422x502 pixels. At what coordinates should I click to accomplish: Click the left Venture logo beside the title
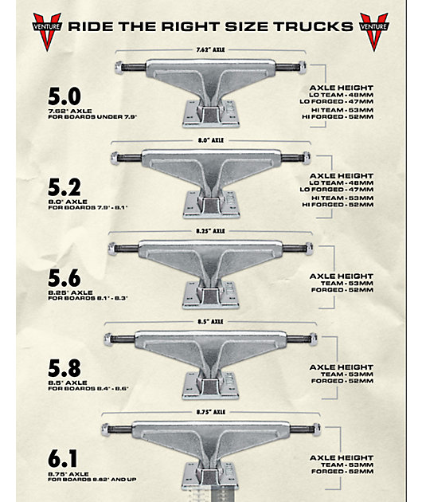(x=47, y=31)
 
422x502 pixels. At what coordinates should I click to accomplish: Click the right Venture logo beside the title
(x=373, y=31)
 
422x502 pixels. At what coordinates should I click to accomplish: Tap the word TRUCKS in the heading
(x=313, y=26)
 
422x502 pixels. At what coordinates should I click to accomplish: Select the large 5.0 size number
(x=64, y=96)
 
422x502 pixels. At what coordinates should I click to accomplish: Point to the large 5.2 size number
(x=64, y=187)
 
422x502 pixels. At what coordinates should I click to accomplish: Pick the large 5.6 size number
(x=64, y=278)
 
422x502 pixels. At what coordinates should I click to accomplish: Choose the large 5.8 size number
(x=64, y=368)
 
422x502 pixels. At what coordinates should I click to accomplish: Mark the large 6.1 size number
(x=63, y=459)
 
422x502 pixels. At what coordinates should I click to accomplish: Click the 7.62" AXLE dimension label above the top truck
(x=210, y=50)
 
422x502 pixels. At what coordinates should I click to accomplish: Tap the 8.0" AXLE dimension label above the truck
(x=210, y=140)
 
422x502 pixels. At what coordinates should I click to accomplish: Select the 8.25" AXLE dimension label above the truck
(x=210, y=231)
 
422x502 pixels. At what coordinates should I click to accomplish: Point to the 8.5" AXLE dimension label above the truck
(x=210, y=321)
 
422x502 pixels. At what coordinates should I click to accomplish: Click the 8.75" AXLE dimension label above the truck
(x=210, y=412)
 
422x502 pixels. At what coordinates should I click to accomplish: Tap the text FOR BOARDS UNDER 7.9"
(x=92, y=117)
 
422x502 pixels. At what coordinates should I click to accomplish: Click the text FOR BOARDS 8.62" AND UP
(x=92, y=480)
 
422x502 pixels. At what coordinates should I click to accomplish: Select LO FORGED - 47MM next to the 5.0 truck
(x=337, y=101)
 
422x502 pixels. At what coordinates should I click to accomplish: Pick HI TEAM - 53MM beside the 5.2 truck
(x=342, y=198)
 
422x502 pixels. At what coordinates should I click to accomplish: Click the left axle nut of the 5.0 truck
(x=119, y=68)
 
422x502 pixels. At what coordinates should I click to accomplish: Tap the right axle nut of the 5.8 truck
(x=314, y=339)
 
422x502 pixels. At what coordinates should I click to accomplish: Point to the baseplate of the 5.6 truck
(x=211, y=295)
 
